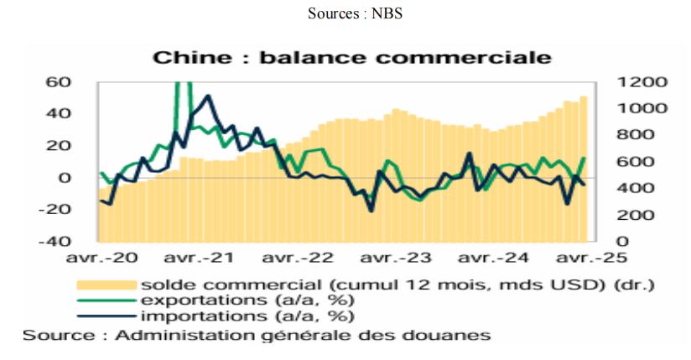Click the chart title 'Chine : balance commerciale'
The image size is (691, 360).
tap(351, 57)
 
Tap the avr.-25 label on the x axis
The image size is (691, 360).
tap(587, 258)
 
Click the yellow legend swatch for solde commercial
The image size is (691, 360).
tap(106, 284)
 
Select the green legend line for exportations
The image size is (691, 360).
tap(106, 300)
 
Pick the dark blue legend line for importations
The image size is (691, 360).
tap(106, 316)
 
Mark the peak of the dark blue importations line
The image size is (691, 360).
tap(207, 97)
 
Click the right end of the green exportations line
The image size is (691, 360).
tap(584, 158)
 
